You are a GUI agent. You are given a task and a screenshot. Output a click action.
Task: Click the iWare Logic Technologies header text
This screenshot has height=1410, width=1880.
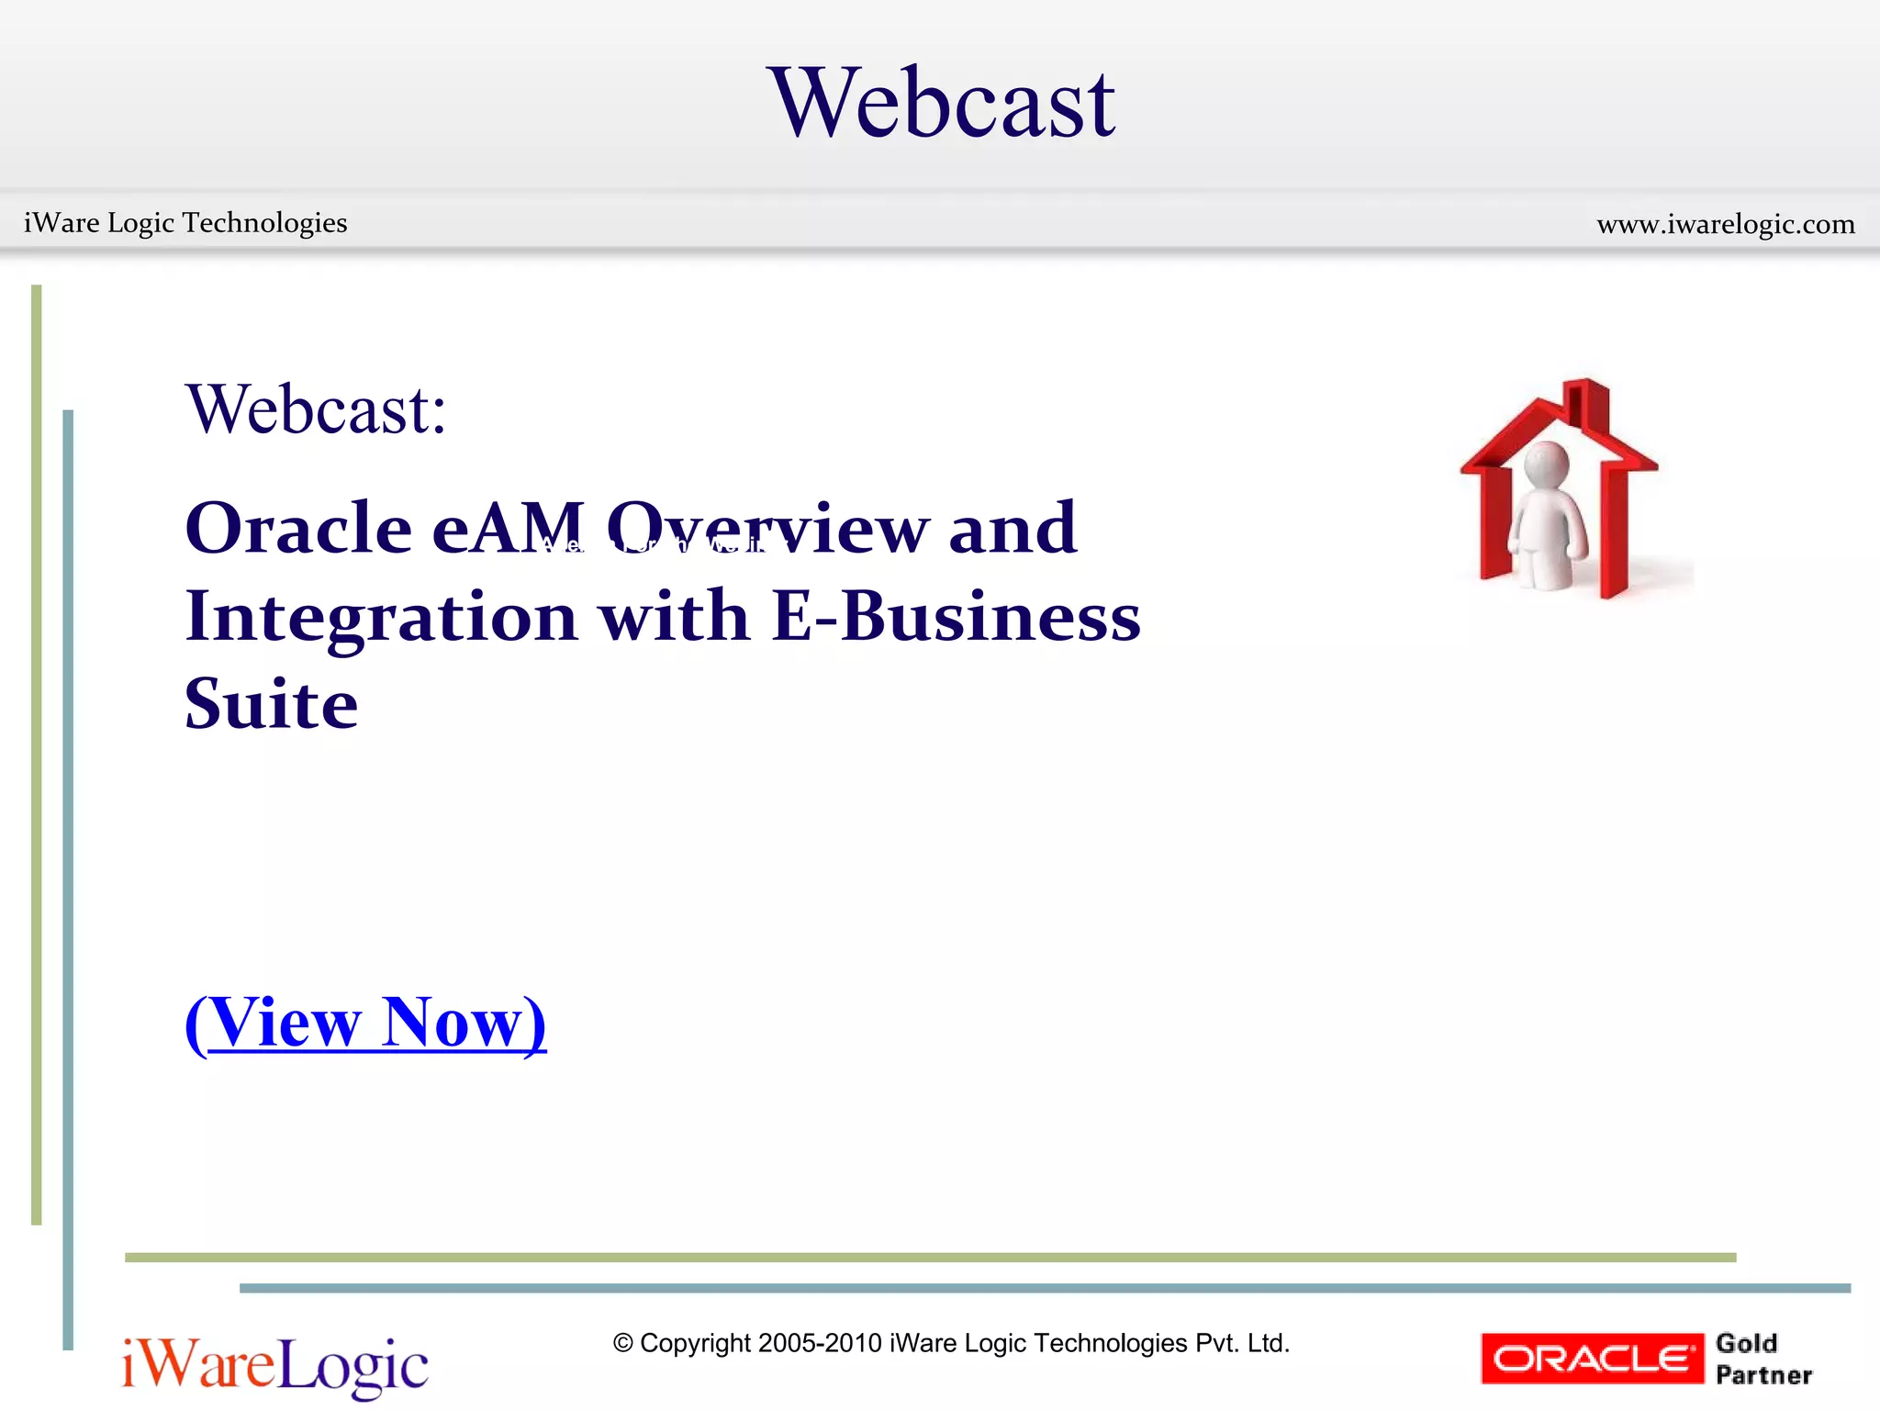[x=185, y=223]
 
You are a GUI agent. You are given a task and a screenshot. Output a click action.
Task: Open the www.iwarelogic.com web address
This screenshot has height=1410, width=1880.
[x=1725, y=224]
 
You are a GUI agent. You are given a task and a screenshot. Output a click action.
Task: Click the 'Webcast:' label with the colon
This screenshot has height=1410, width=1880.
[x=316, y=409]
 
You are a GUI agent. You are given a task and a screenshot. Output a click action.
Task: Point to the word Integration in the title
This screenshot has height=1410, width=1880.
[x=381, y=617]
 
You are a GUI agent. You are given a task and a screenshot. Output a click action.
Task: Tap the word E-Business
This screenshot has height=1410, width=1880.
[x=956, y=617]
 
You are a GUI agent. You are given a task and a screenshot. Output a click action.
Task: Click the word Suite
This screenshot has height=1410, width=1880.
[x=271, y=704]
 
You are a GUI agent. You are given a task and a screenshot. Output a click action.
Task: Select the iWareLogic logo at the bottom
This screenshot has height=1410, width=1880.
[x=274, y=1366]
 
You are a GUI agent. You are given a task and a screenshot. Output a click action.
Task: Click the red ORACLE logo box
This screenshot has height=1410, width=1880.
[x=1592, y=1359]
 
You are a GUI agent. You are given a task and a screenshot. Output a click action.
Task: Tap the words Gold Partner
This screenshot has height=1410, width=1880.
[x=1762, y=1359]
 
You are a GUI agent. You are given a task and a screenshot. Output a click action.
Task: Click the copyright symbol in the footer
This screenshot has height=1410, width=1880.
[x=623, y=1344]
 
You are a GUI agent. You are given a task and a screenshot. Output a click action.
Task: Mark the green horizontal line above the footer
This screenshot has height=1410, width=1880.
[x=929, y=1258]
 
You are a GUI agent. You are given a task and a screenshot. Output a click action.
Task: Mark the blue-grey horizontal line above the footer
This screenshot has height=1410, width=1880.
[x=1044, y=1288]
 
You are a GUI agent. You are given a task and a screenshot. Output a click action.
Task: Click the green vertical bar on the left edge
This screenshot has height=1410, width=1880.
[x=37, y=753]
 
